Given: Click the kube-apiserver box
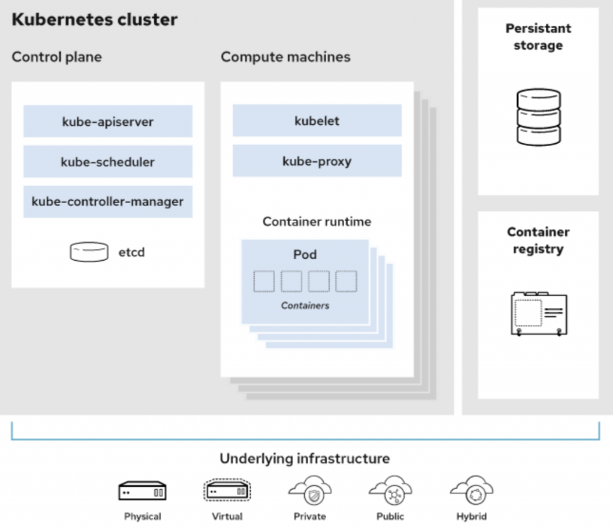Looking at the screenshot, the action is click(108, 121).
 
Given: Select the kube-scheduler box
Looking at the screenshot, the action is click(108, 162).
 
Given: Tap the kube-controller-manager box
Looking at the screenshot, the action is click(108, 201).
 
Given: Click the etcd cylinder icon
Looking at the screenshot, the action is click(89, 252).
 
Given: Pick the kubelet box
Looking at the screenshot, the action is click(317, 120).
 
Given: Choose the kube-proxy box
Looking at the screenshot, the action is click(317, 161).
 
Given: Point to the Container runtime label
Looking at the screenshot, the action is click(317, 222).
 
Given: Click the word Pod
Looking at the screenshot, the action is click(305, 254).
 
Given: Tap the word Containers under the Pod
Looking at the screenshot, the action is click(305, 305).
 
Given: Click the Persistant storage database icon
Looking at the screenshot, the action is click(539, 117).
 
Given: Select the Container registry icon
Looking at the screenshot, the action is click(539, 313).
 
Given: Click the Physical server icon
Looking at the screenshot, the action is click(142, 491).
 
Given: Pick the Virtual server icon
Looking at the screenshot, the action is click(227, 490).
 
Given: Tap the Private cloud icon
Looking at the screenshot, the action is click(310, 491).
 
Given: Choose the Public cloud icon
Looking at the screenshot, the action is click(390, 491).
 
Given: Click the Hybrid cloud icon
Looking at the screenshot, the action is click(472, 491).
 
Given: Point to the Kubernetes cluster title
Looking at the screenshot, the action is click(95, 19).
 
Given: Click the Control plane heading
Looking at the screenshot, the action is click(57, 57).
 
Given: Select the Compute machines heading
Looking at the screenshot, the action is click(286, 57).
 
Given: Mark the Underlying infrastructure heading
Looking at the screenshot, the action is click(305, 458).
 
